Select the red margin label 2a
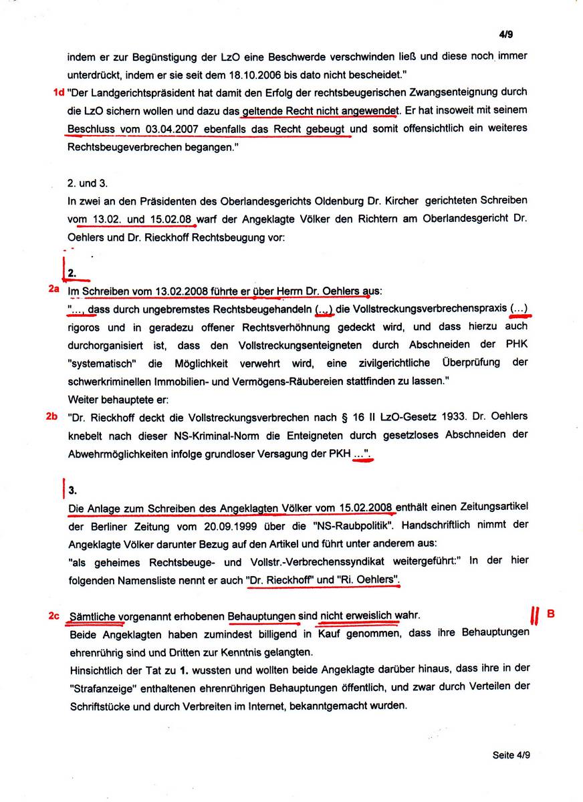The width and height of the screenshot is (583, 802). [54, 289]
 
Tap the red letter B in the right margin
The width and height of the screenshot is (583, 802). [552, 613]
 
